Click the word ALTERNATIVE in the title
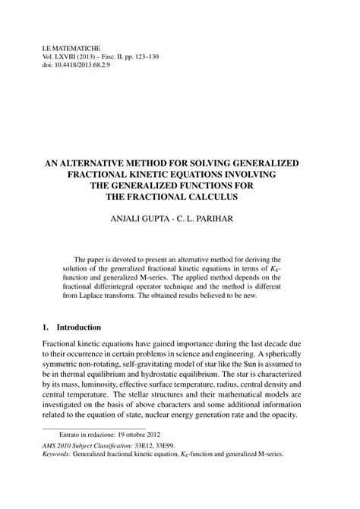[x=111, y=163]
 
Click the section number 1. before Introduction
[x=46, y=327]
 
